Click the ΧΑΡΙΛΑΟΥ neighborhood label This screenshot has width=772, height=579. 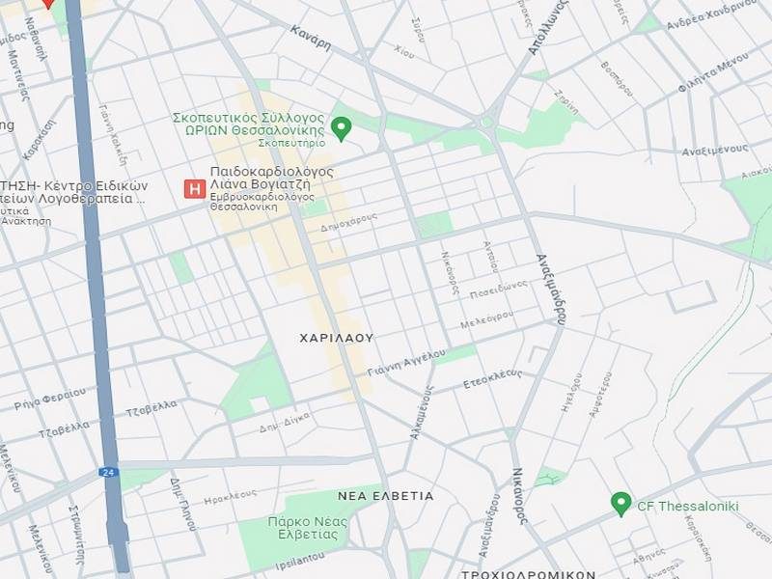pyautogui.click(x=336, y=339)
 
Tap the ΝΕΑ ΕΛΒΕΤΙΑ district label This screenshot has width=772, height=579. pyautogui.click(x=385, y=495)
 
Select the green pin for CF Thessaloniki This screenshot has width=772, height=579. pyautogui.click(x=620, y=503)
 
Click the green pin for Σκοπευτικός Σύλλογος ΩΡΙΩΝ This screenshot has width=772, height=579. pyautogui.click(x=341, y=126)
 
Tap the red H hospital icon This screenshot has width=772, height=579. pyautogui.click(x=194, y=188)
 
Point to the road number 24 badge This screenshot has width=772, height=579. pyautogui.click(x=107, y=472)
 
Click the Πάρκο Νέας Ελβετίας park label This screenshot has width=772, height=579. pyautogui.click(x=293, y=528)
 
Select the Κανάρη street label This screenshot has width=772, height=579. pyautogui.click(x=311, y=38)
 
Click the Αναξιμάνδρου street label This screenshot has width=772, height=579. pyautogui.click(x=551, y=288)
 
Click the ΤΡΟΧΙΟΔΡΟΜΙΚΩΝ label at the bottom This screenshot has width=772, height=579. pyautogui.click(x=528, y=573)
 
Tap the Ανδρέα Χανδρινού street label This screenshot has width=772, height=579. pyautogui.click(x=702, y=18)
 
